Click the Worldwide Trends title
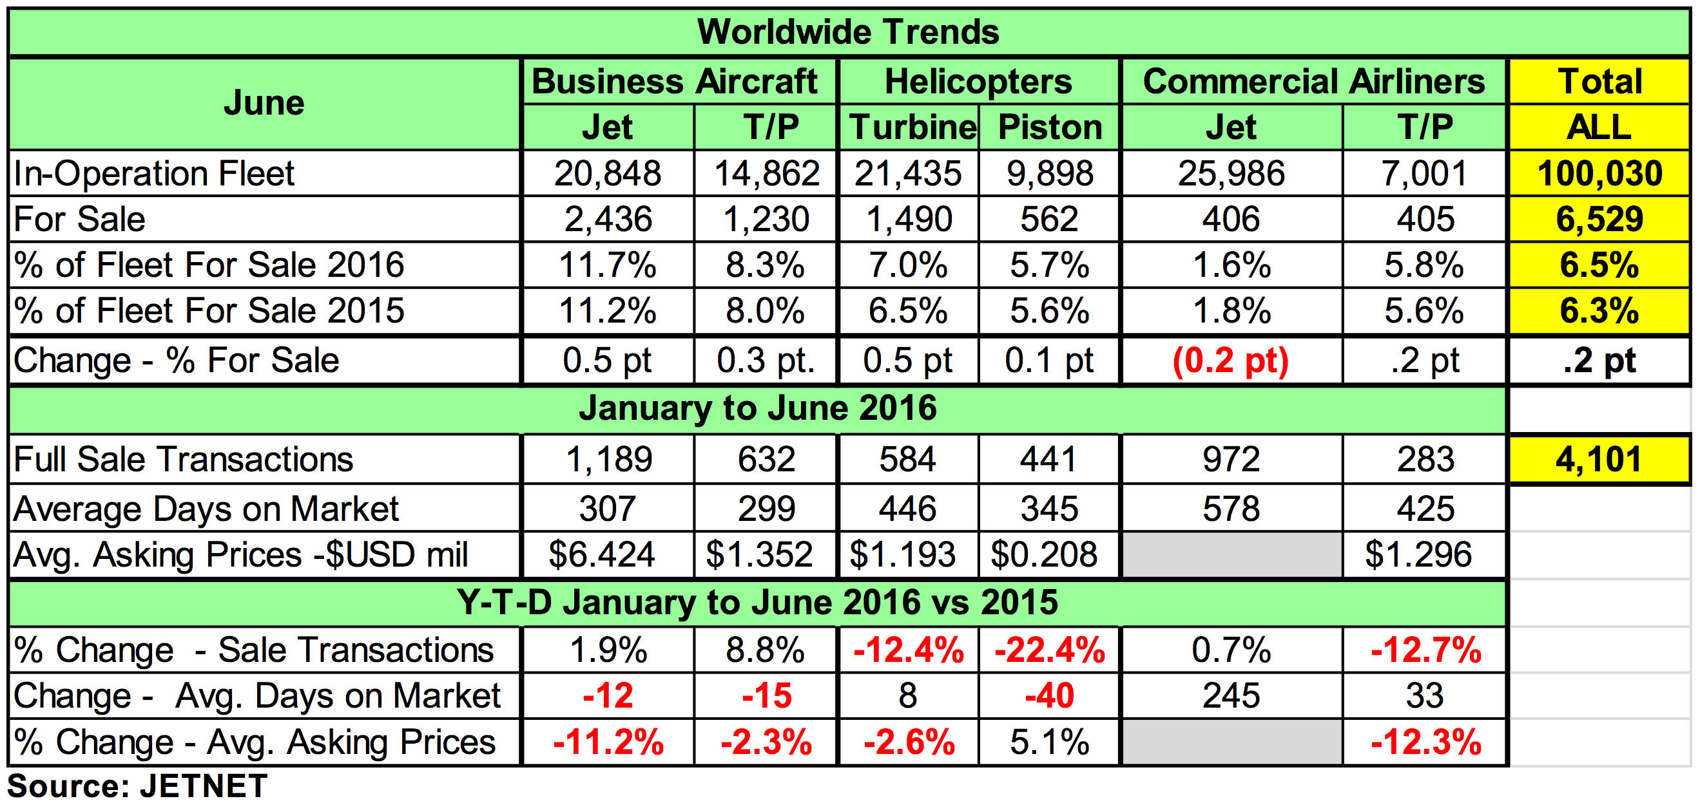(848, 32)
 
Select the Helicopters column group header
(978, 82)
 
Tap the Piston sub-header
(1049, 127)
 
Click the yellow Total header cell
(1599, 82)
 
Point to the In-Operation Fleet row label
(154, 173)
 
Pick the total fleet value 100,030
(1599, 173)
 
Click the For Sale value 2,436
(608, 219)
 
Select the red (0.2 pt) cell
(1231, 361)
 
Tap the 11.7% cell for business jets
(608, 265)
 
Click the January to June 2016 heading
(758, 408)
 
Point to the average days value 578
(1231, 509)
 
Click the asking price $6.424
(601, 554)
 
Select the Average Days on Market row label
(206, 509)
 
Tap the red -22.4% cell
(1049, 650)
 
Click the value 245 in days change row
(1231, 696)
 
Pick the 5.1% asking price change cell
(1049, 742)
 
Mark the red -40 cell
(1049, 696)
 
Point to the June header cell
(264, 104)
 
